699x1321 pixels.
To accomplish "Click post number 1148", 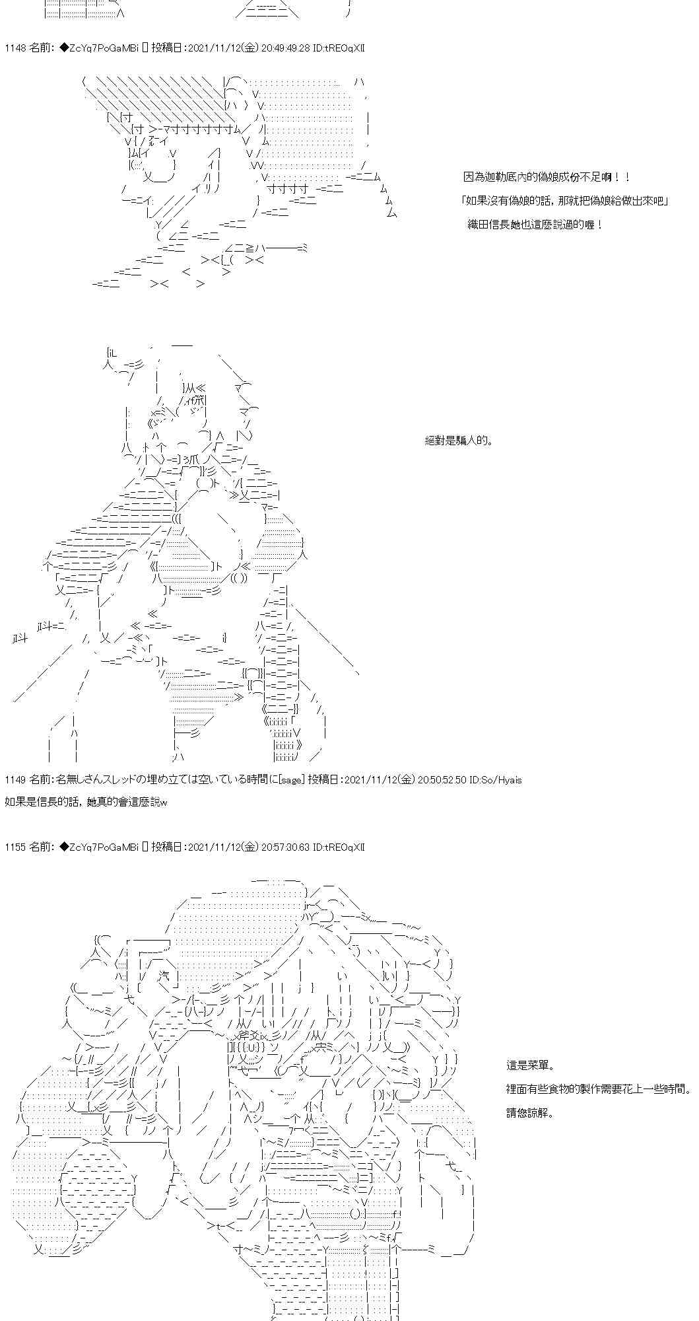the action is coord(15,48).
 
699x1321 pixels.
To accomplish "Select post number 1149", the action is coord(15,780).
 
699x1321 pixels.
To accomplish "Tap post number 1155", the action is coord(15,847).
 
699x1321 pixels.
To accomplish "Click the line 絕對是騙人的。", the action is coord(459,441).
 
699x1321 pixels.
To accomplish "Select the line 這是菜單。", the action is coord(531,1065).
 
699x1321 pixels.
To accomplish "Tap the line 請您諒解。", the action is coord(531,1113).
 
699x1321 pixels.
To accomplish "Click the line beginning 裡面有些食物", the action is coord(598,1089).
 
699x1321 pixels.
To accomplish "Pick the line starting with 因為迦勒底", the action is coord(547,177).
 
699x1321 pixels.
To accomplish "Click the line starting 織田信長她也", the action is coord(535,225).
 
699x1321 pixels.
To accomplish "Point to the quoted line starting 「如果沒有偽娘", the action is coord(566,201).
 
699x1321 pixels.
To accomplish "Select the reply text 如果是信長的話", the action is coord(86,802).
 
